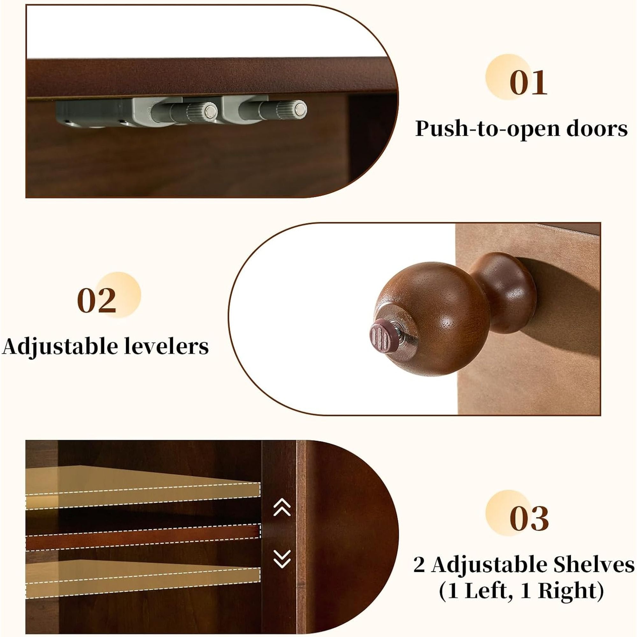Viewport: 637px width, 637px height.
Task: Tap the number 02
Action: (97, 300)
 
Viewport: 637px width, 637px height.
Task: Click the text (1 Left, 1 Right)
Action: (521, 591)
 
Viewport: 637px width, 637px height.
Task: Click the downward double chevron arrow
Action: (282, 559)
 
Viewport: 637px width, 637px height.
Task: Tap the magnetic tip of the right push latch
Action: (300, 109)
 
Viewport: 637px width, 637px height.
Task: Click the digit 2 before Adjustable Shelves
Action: (419, 565)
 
